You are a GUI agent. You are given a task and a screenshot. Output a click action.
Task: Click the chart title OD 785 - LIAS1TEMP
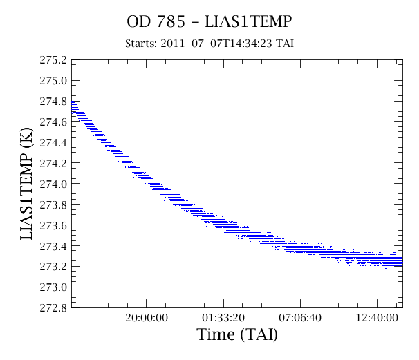(x=209, y=21)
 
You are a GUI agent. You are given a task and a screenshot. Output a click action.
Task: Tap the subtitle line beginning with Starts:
(x=209, y=43)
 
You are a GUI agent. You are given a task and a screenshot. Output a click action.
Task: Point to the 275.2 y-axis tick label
(x=53, y=60)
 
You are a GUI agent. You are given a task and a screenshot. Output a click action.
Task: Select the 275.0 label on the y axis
(x=53, y=81)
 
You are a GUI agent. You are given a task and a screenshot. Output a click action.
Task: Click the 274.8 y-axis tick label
(x=53, y=102)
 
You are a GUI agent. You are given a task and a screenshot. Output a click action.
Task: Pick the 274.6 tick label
(x=53, y=122)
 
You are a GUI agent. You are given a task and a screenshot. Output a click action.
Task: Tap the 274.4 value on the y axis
(x=53, y=143)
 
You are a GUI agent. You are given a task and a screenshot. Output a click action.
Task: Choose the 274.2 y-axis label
(x=53, y=164)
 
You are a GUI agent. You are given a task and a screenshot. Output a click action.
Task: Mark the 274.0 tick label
(x=53, y=184)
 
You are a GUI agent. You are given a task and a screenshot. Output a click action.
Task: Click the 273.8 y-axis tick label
(x=53, y=205)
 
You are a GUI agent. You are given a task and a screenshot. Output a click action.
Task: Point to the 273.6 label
(x=53, y=225)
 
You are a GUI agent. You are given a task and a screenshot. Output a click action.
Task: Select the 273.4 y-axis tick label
(x=53, y=246)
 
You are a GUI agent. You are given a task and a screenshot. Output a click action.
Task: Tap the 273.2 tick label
(x=53, y=267)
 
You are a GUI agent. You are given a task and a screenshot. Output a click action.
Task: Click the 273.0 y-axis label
(x=53, y=287)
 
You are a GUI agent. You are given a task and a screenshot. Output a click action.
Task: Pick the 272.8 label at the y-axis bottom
(x=53, y=308)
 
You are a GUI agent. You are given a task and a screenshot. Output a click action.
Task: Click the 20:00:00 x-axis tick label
(x=147, y=318)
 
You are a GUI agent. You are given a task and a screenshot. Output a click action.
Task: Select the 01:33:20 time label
(x=223, y=318)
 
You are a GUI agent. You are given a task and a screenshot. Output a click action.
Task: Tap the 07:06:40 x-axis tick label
(x=300, y=318)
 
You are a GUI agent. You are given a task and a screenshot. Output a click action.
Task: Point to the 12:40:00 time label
(x=377, y=318)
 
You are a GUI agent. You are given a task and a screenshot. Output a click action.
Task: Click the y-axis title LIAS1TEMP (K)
(x=27, y=184)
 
